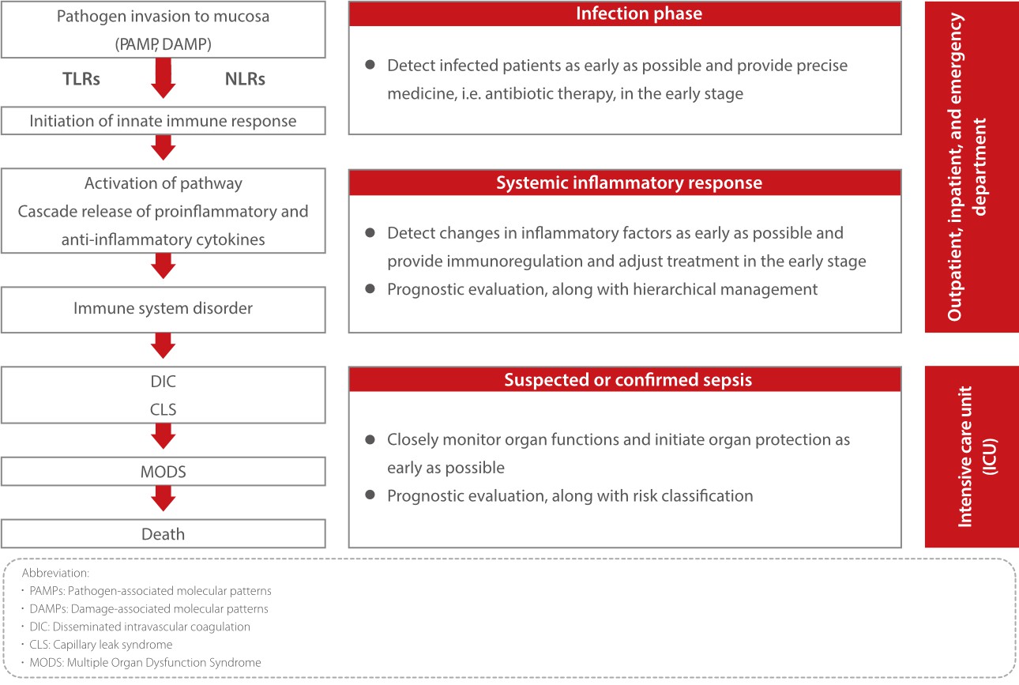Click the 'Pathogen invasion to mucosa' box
point(163,29)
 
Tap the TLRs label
point(81,78)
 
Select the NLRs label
point(244,78)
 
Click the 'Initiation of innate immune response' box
point(163,121)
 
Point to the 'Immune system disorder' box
point(163,309)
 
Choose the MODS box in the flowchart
point(163,472)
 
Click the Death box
point(163,535)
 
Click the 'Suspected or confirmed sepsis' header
point(627,380)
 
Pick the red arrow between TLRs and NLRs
point(163,78)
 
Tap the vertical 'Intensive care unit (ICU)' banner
point(972,457)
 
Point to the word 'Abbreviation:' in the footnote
point(55,573)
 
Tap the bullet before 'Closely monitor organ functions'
point(370,438)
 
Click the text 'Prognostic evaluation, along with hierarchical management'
point(602,289)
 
